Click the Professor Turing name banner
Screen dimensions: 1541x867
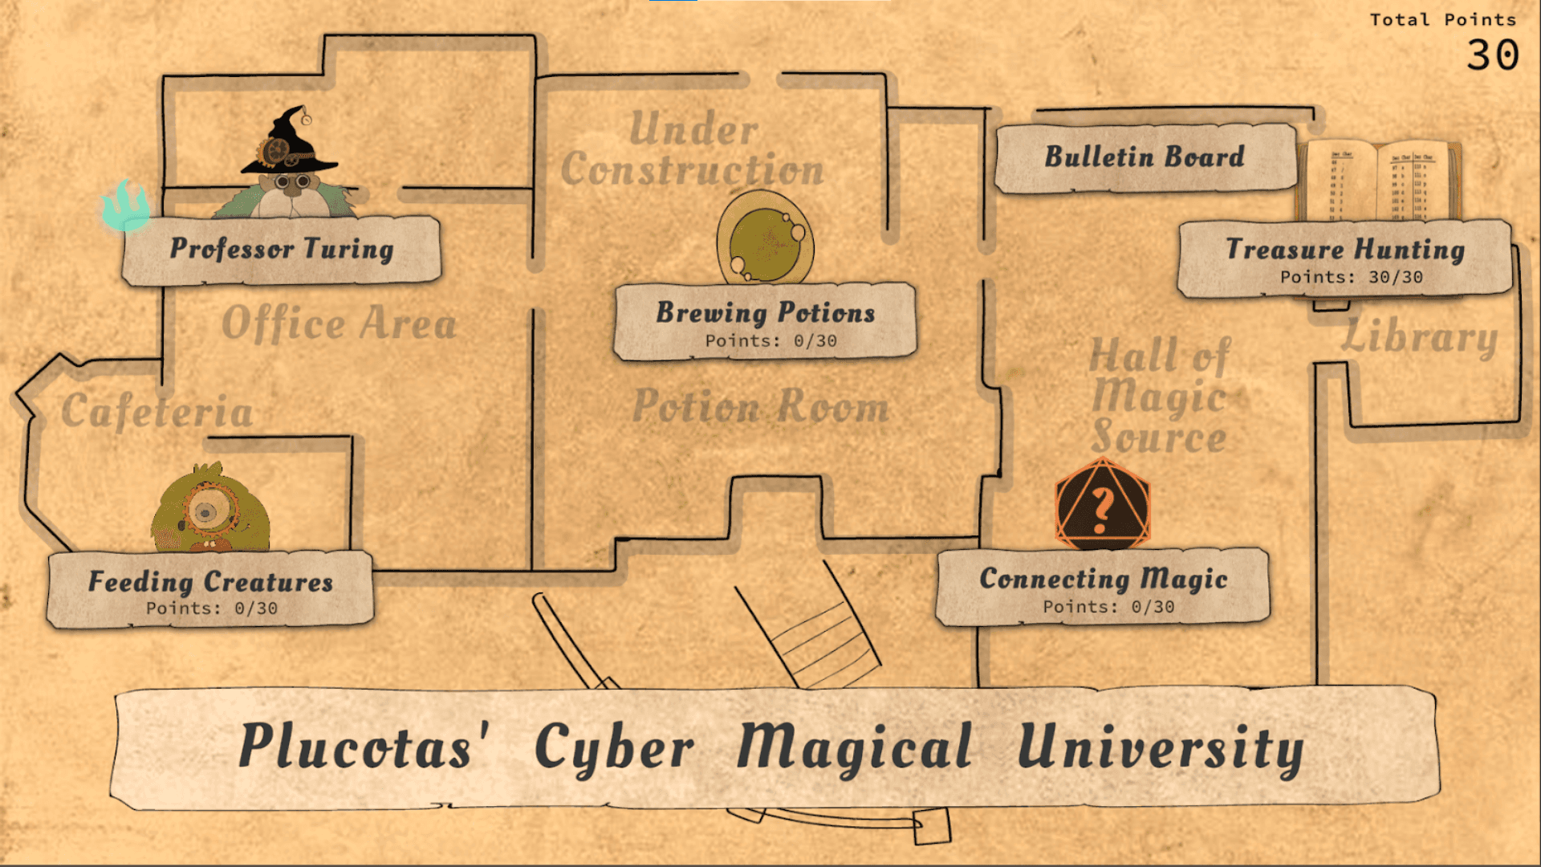click(x=281, y=250)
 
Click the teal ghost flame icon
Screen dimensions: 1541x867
click(x=126, y=206)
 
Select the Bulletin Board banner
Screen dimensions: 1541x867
click(x=1145, y=157)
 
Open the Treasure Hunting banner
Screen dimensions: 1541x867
click(x=1345, y=258)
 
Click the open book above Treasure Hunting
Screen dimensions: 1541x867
click(x=1377, y=181)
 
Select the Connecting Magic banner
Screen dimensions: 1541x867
click(x=1103, y=587)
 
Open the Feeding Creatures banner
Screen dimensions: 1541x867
click(x=210, y=589)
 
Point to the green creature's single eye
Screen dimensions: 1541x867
click(x=206, y=511)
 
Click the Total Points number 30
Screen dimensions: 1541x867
click(x=1492, y=55)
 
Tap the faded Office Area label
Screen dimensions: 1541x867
click(x=339, y=324)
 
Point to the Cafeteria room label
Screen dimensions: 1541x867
click(x=157, y=412)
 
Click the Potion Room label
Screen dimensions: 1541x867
click(x=761, y=406)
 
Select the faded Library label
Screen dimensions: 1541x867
click(x=1419, y=337)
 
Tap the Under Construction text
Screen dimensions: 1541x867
click(x=693, y=149)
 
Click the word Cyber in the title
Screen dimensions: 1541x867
click(x=614, y=747)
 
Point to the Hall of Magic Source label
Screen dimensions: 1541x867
click(x=1159, y=397)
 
